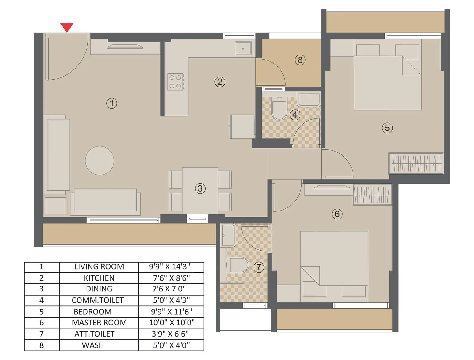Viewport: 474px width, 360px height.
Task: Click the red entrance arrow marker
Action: pos(67,27)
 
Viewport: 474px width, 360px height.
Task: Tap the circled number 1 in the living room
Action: pos(112,103)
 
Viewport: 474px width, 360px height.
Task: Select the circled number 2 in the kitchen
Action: pos(220,82)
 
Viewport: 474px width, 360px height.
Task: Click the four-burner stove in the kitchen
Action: pos(175,82)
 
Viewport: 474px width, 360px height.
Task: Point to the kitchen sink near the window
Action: pos(243,48)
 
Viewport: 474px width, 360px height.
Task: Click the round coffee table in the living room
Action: pos(100,161)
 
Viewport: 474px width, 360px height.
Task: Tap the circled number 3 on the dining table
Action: pos(200,188)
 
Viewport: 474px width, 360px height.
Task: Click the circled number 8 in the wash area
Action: pos(300,60)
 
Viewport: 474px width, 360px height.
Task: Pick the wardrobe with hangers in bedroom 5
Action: pos(416,163)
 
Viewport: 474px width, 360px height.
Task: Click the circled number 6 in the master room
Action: pos(337,214)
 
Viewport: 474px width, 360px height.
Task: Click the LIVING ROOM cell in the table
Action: pos(99,267)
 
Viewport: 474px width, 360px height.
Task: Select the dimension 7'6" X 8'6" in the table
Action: pos(171,278)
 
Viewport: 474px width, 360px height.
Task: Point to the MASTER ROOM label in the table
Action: pos(99,323)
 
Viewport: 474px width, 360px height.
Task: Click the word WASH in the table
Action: pos(93,345)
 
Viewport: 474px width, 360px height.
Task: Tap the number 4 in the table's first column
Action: pos(41,300)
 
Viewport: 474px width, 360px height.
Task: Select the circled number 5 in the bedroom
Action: pos(387,128)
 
